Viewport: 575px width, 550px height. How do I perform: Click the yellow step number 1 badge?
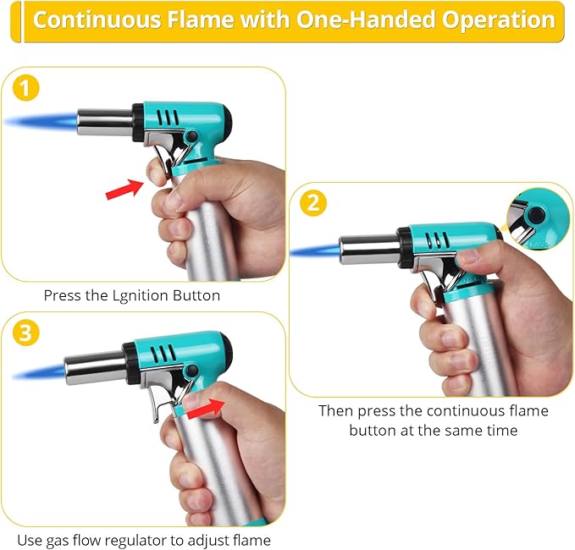click(x=25, y=88)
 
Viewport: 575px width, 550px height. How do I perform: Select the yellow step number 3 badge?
click(x=25, y=333)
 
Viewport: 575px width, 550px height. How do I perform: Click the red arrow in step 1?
click(x=124, y=190)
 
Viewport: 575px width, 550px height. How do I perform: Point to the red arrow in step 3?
click(x=206, y=409)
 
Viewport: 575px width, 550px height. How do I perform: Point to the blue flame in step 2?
click(x=315, y=251)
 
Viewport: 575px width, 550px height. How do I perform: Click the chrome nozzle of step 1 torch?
click(x=105, y=122)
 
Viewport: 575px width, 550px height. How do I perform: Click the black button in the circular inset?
click(x=536, y=215)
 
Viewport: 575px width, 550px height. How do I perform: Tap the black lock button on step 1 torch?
click(x=191, y=137)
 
